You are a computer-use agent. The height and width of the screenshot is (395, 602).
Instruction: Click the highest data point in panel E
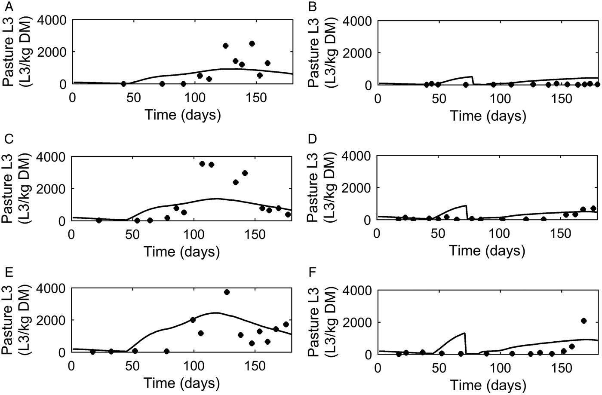227,292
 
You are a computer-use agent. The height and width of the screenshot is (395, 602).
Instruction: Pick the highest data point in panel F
584,321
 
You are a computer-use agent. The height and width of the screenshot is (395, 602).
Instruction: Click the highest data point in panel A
252,43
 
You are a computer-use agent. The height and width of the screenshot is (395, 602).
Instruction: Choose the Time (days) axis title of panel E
182,383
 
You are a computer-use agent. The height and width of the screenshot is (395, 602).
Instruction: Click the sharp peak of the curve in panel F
465,333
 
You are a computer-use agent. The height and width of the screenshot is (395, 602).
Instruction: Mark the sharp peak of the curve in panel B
472,77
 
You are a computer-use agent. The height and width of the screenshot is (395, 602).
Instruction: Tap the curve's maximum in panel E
216,312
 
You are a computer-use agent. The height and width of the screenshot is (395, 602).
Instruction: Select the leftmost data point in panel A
123,83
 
